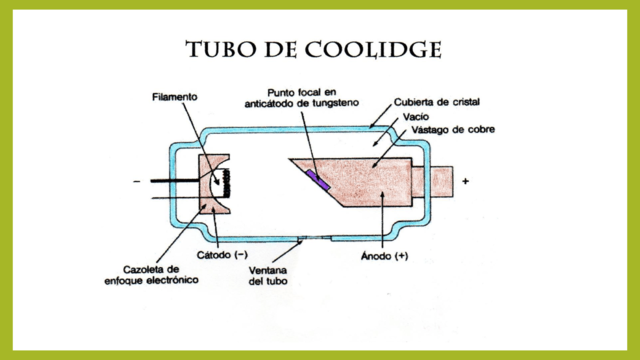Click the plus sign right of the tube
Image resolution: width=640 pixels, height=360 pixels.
pos(466,182)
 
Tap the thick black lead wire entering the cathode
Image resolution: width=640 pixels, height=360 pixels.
pos(174,182)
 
